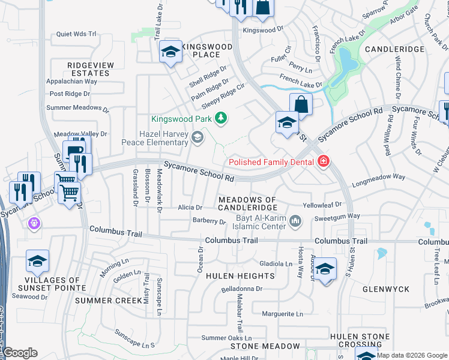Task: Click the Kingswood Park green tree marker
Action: pyautogui.click(x=221, y=118)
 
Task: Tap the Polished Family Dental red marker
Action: pyautogui.click(x=324, y=161)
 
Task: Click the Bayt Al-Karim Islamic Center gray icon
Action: pyautogui.click(x=295, y=222)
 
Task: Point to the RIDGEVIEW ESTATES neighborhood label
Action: pyautogui.click(x=88, y=69)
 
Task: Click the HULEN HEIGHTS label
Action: pyautogui.click(x=240, y=276)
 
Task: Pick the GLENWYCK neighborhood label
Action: pyautogui.click(x=385, y=289)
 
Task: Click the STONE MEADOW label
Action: pyautogui.click(x=265, y=346)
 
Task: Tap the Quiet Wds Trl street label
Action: pyautogui.click(x=76, y=34)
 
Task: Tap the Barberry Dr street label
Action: pyautogui.click(x=209, y=221)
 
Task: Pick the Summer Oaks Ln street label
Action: pyautogui.click(x=227, y=338)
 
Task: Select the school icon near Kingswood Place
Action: pyautogui.click(x=170, y=52)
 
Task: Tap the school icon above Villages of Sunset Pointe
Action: pyautogui.click(x=37, y=262)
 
